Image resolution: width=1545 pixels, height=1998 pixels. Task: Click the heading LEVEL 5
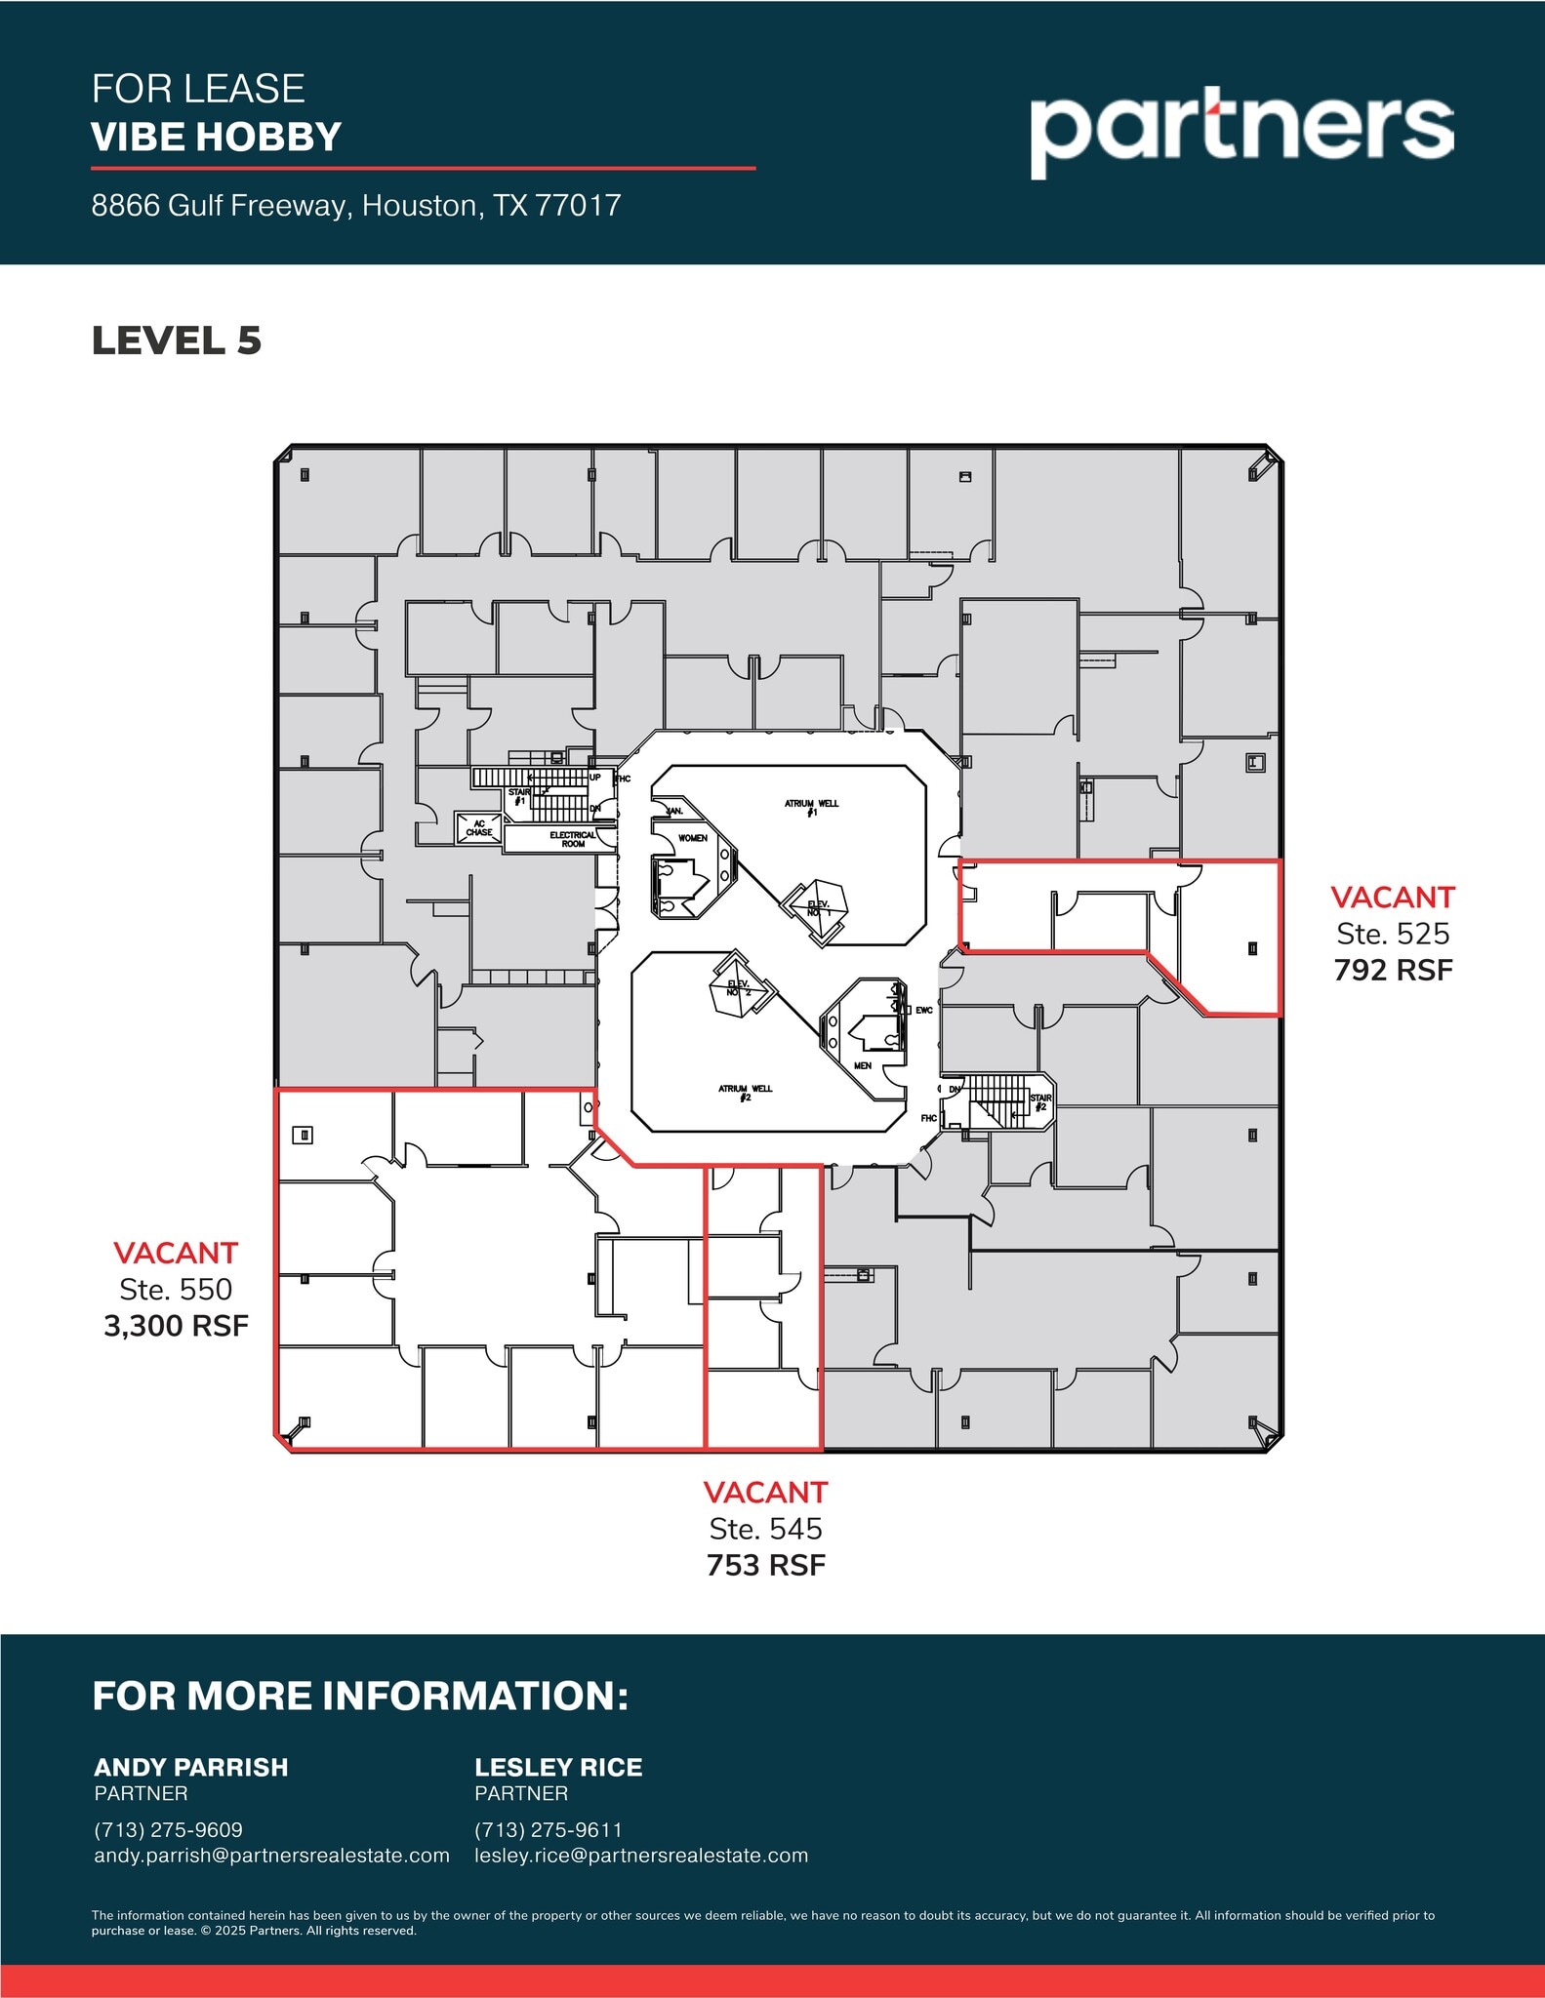click(x=177, y=341)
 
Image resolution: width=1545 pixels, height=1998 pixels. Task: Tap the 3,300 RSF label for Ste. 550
click(x=177, y=1326)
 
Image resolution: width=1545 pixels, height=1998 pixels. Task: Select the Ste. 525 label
click(x=1393, y=934)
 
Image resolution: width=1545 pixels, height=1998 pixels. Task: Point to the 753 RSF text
click(x=766, y=1565)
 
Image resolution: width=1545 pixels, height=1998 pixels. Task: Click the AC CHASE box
click(x=479, y=828)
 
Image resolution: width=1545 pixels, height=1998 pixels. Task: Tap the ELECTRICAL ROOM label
click(x=573, y=839)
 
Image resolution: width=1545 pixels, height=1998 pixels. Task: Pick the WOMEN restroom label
click(x=693, y=838)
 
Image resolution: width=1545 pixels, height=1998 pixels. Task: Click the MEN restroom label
click(x=863, y=1065)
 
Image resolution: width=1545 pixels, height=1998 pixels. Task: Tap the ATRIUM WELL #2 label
click(x=746, y=1093)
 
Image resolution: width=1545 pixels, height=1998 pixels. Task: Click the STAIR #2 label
click(x=1040, y=1102)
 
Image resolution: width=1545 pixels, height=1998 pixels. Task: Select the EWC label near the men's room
click(x=924, y=1011)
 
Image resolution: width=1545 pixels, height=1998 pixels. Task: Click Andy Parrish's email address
click(x=271, y=1856)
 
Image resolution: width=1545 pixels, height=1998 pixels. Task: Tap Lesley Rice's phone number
click(x=548, y=1830)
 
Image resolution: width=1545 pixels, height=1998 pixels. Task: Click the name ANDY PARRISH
click(x=191, y=1768)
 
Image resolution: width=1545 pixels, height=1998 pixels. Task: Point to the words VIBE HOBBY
click(x=216, y=137)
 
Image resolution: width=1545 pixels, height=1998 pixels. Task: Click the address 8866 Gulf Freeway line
click(x=356, y=205)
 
